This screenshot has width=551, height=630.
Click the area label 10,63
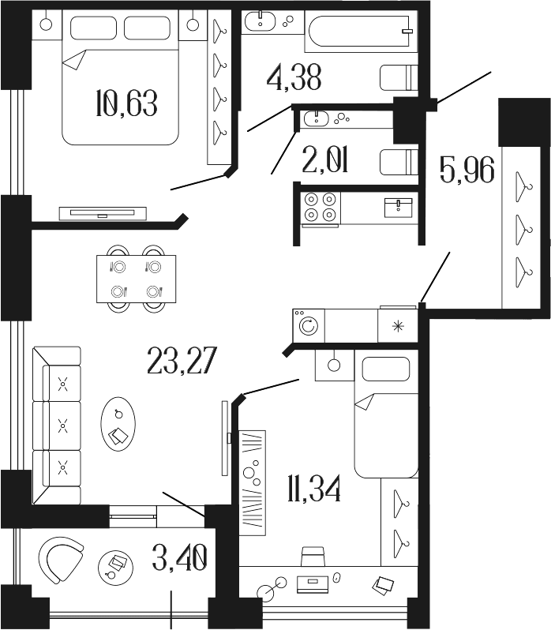(126, 103)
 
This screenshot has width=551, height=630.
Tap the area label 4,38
(294, 77)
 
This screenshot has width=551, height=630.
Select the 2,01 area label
(325, 159)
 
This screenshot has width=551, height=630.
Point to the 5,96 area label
(467, 170)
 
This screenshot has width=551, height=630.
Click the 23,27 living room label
(182, 361)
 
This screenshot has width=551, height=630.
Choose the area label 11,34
(314, 488)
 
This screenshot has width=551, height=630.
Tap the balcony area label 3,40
(180, 557)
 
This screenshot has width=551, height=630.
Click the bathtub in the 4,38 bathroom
(361, 31)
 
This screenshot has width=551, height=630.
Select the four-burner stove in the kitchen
(320, 208)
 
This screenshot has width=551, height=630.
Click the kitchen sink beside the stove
(398, 208)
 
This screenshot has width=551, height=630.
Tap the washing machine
(309, 325)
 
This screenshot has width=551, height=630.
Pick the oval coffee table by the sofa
(118, 425)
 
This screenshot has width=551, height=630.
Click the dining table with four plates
(136, 279)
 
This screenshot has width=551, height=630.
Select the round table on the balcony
(115, 567)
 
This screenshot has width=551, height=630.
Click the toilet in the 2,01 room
(399, 162)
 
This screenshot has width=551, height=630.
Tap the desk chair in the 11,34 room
(313, 557)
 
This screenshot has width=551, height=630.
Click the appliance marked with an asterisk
(398, 325)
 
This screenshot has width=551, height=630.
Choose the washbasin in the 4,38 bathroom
(261, 20)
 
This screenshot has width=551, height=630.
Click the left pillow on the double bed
(94, 28)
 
